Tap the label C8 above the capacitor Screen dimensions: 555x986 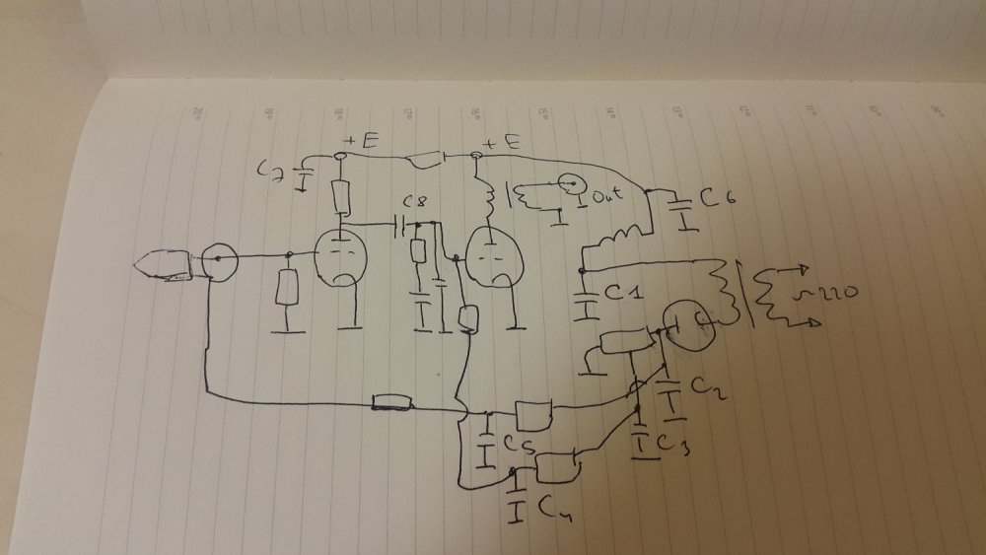pyautogui.click(x=419, y=204)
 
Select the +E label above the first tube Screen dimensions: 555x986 pyautogui.click(x=360, y=142)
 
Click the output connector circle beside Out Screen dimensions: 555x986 pyautogui.click(x=570, y=185)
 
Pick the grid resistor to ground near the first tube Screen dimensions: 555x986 pyautogui.click(x=287, y=288)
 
